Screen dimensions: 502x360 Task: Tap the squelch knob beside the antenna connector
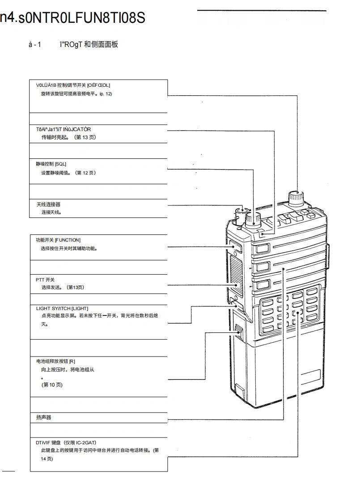pos(254,218)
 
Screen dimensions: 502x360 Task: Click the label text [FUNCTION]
pos(68,240)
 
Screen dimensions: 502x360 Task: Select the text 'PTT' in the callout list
pos(40,280)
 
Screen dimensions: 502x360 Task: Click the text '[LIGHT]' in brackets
pos(80,308)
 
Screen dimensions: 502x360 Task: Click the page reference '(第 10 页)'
pos(52,385)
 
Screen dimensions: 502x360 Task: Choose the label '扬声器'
pos(44,417)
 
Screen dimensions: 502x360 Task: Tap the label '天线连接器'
pos(48,204)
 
